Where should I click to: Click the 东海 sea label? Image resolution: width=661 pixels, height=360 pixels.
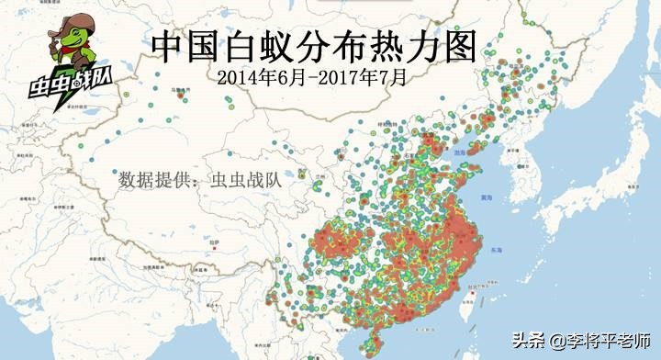(x=521, y=250)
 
